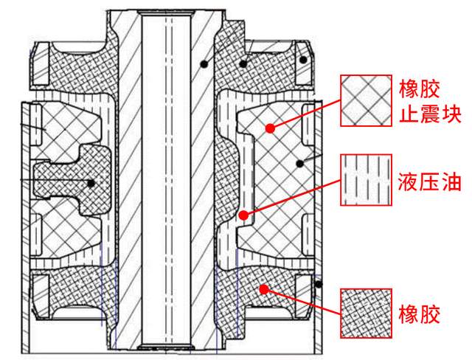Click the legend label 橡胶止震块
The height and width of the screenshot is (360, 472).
pos(430,102)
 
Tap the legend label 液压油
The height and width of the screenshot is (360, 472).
pos(430,181)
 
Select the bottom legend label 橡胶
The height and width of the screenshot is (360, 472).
pos(420,314)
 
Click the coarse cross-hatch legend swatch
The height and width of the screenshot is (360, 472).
pos(366,100)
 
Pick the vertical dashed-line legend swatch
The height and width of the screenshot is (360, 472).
pos(366,180)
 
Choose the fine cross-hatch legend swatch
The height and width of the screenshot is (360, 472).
pos(366,314)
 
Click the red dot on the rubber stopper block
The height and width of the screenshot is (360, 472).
pos(271,128)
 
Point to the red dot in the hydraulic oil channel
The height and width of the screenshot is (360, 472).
pos(243,215)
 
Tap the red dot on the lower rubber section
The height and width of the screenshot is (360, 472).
pos(264,290)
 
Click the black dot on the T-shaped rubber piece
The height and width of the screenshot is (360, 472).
pos(91,183)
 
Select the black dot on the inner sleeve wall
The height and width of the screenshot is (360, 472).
pos(204,64)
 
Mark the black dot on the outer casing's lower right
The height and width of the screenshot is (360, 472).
pos(318,284)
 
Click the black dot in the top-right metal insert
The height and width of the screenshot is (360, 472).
pos(303,60)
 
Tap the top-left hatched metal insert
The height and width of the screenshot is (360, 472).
pos(41,63)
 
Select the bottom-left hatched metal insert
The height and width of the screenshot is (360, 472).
pos(41,296)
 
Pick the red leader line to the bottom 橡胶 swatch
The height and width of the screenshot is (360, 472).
pos(302,302)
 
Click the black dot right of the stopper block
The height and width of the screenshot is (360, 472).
pos(300,164)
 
